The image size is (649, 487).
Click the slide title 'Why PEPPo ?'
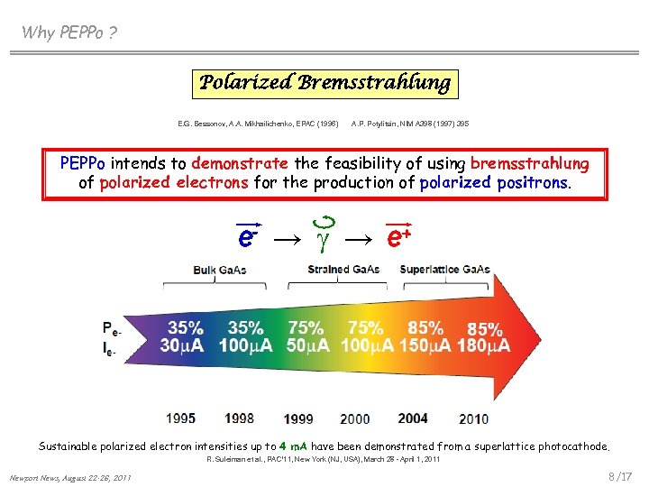point(69,33)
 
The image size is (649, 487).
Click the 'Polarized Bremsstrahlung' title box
point(324,84)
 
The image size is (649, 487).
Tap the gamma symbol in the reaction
point(327,237)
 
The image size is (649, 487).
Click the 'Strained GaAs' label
point(343,269)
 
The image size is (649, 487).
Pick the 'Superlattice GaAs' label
point(445,269)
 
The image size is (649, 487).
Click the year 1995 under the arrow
point(181,418)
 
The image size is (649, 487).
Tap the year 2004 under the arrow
point(413,418)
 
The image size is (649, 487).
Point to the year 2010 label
point(474,418)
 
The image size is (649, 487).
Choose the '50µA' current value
point(309,345)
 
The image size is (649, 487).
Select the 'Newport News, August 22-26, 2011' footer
point(69,477)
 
